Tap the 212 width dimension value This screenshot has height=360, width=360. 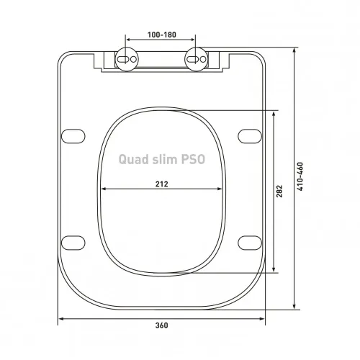(161, 184)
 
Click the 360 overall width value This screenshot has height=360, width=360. (161, 325)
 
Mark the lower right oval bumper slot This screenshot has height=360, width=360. (248, 240)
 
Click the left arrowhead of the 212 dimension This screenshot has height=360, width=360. (104, 190)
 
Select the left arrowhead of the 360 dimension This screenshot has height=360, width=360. (60, 318)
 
